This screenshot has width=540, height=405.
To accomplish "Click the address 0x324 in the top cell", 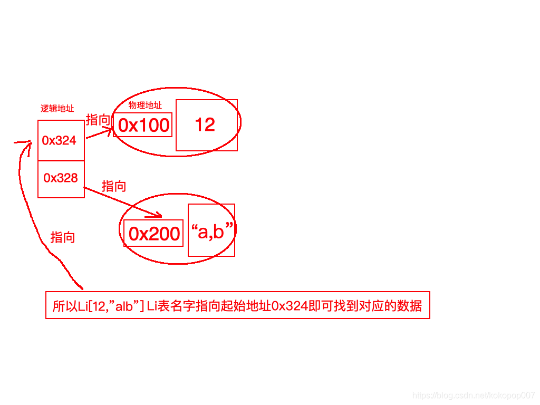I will [59, 140].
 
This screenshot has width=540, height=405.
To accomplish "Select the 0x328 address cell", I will [61, 178].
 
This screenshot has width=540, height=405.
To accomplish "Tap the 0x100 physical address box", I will [144, 125].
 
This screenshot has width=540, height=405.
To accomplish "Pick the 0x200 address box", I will [154, 234].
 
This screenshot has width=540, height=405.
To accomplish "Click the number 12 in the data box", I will [205, 125].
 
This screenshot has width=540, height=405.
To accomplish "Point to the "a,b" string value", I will [213, 230].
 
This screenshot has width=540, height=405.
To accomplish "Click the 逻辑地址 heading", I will [57, 109].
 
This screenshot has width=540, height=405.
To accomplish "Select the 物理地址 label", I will [145, 105].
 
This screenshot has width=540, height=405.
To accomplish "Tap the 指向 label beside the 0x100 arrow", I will [98, 120].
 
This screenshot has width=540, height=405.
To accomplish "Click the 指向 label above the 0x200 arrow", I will [114, 186].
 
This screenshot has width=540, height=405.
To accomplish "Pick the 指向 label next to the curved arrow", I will [62, 237].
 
